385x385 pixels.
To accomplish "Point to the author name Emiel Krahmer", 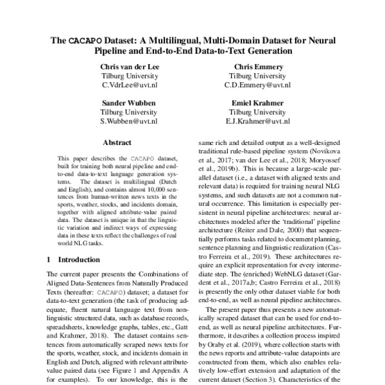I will coord(256,102).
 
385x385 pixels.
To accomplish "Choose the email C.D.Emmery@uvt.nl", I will coord(256,84).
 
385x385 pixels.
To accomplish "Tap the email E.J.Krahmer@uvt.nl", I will coord(256,120).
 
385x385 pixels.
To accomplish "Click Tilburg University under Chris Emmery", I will coord(256,75).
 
